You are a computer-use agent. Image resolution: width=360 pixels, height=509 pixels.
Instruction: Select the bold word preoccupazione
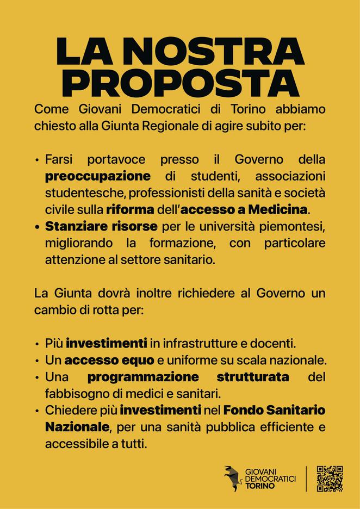[x=98, y=176]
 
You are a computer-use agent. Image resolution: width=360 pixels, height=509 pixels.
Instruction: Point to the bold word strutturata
[x=253, y=376]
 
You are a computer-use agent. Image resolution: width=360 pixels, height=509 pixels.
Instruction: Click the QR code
[x=330, y=479]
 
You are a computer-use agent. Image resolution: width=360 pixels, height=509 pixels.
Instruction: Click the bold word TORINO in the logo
[x=260, y=486]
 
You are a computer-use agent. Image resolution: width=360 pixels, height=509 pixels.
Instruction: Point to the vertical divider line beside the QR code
[x=307, y=479]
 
